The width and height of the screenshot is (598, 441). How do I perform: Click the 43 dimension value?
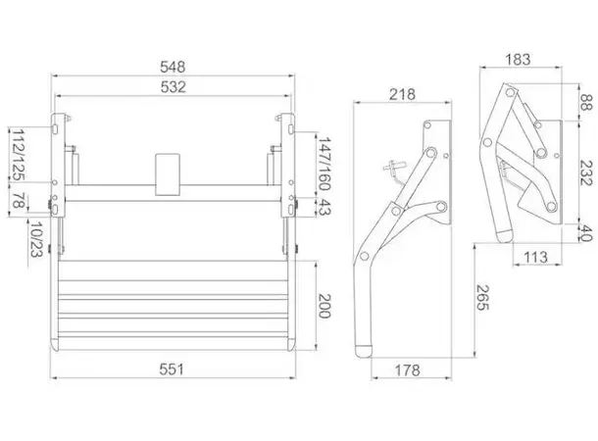(x=324, y=206)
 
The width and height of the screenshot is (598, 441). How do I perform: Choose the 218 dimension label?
(x=401, y=94)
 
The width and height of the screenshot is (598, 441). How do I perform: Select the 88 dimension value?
(x=585, y=103)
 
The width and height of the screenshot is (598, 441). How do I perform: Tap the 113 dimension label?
(x=535, y=258)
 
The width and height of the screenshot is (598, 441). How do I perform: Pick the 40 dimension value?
(x=585, y=232)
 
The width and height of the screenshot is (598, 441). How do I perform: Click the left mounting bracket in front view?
(x=60, y=167)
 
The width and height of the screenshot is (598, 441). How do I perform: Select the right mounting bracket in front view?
(x=290, y=167)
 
